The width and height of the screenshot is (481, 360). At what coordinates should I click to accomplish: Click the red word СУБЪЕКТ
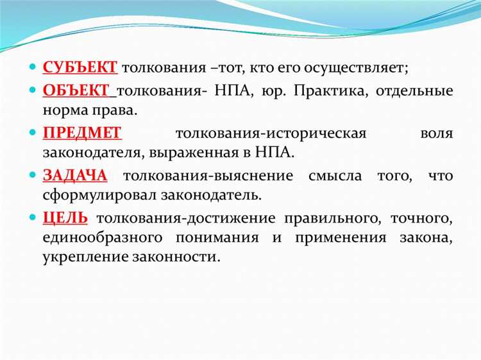coord(80,67)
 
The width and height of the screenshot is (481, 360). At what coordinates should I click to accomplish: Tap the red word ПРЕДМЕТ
coord(81,133)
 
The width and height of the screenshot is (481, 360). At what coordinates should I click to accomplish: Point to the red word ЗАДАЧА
coord(75,175)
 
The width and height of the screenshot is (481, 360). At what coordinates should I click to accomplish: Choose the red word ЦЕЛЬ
coord(65,218)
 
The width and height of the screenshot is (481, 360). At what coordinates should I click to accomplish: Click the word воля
coord(437,133)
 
